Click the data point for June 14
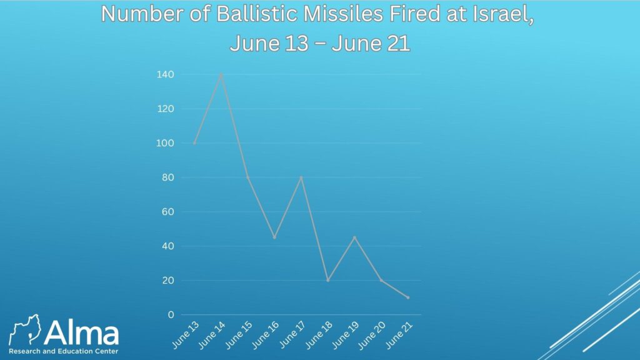[221, 75]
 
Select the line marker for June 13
[194, 143]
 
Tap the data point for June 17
[301, 177]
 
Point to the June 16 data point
[274, 237]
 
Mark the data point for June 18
[327, 281]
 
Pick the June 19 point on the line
[354, 237]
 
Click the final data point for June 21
[407, 297]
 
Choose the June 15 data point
[247, 177]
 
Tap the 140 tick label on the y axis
[165, 74]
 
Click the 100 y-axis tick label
[165, 143]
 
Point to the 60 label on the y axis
[168, 211]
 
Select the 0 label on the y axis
[171, 315]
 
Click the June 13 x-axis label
[185, 335]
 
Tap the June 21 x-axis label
[399, 335]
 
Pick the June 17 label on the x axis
[292, 335]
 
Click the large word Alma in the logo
[81, 332]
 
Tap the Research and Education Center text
[63, 351]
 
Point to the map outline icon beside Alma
[25, 329]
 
